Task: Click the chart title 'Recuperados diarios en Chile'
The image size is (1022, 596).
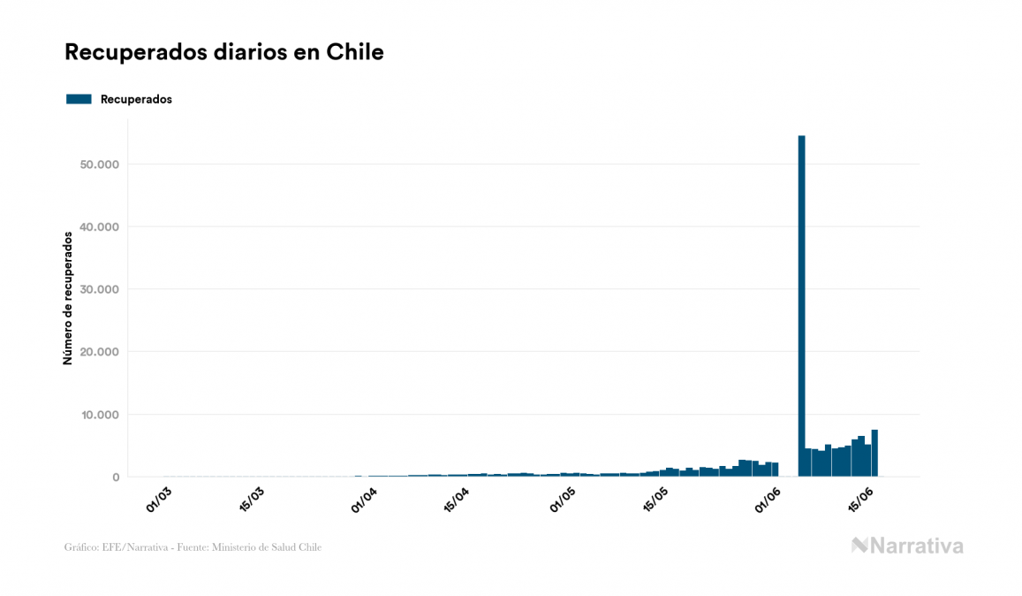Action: [x=223, y=52]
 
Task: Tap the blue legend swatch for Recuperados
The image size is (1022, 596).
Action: [x=79, y=99]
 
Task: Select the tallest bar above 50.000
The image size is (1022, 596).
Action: [x=801, y=305]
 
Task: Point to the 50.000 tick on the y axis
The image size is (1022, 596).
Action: [x=98, y=164]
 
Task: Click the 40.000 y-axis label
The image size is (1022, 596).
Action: [x=98, y=227]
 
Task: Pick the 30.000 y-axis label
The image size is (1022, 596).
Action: [x=98, y=289]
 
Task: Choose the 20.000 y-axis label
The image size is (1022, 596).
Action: [x=98, y=352]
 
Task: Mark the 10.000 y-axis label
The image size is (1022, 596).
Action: [x=98, y=415]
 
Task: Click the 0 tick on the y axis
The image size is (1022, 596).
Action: [x=115, y=478]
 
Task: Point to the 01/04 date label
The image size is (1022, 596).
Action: [x=364, y=497]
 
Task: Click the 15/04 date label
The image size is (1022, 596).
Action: [x=457, y=497]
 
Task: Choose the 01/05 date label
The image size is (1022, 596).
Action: [x=564, y=497]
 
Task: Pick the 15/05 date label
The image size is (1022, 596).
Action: [x=656, y=497]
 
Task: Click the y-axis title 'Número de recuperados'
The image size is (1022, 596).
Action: [x=68, y=298]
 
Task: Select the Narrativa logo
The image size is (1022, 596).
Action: [x=907, y=546]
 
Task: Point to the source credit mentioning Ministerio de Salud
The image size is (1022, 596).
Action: [x=193, y=547]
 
